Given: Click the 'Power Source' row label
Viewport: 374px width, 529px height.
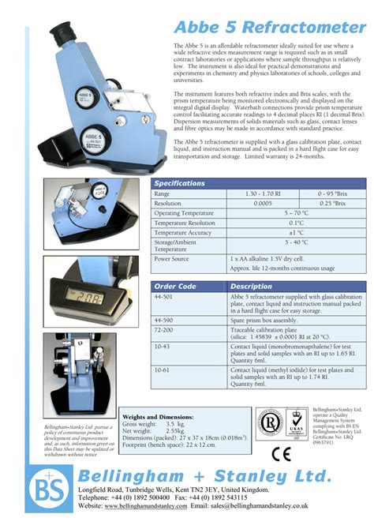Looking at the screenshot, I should coord(172,258).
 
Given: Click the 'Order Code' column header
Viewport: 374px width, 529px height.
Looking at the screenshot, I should coord(176,287).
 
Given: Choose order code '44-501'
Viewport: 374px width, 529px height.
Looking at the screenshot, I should coord(164,297).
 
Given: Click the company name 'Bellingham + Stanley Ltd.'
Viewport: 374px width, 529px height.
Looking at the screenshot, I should coord(204,476).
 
